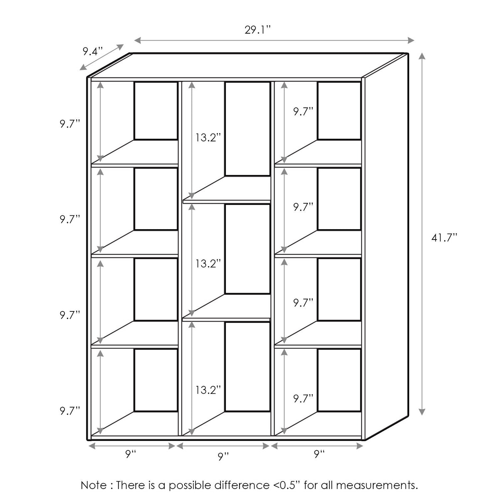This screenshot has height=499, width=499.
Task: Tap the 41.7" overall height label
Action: pyautogui.click(x=444, y=237)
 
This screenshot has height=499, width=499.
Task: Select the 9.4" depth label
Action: pyautogui.click(x=92, y=52)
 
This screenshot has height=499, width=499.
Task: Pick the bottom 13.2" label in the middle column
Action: pyautogui.click(x=208, y=390)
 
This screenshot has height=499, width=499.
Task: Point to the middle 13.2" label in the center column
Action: pyautogui.click(x=208, y=264)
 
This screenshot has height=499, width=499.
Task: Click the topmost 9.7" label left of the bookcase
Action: pyautogui.click(x=69, y=124)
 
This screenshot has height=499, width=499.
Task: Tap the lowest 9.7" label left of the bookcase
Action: pyautogui.click(x=69, y=411)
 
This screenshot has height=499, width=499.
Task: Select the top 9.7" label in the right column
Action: pyautogui.click(x=303, y=111)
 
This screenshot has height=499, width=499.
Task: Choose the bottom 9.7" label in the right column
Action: pyautogui.click(x=303, y=399)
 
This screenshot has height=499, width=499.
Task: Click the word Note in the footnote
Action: pyautogui.click(x=94, y=485)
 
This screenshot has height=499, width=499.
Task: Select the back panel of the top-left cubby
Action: pyautogui.click(x=156, y=111)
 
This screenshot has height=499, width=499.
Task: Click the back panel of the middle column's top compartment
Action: pyautogui.click(x=247, y=128)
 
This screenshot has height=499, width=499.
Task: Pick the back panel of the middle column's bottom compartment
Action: pyautogui.click(x=247, y=366)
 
